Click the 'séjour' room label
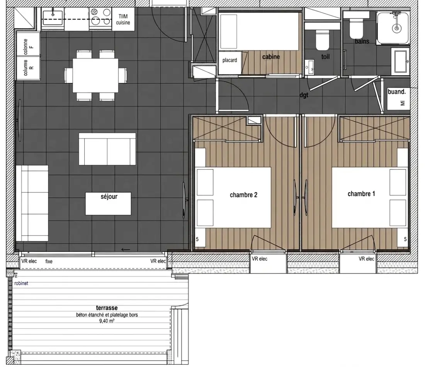109,197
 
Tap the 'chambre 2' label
243,195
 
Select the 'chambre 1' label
361,194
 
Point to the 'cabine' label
271,57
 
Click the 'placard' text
230,60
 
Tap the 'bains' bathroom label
362,41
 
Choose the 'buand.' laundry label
397,92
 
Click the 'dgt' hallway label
304,95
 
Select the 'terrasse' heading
107,308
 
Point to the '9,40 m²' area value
107,321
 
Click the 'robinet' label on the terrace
21,283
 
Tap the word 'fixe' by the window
49,261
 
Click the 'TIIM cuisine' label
123,19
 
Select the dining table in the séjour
95,76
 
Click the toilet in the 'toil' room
322,40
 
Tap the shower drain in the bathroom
397,28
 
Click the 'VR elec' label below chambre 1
366,259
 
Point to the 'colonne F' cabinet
28,44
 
